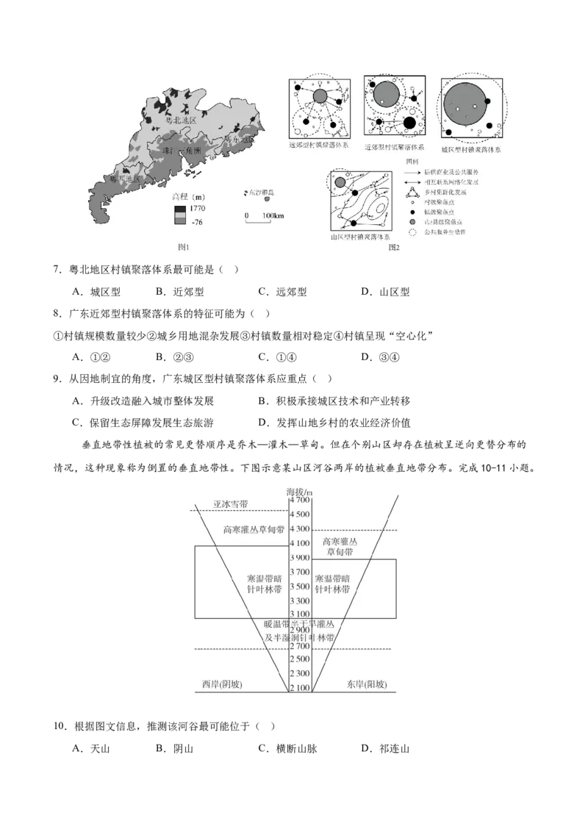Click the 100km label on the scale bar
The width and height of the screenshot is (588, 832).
[272, 215]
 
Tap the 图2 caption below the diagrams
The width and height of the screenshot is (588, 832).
[394, 248]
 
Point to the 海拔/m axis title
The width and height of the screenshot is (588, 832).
[299, 491]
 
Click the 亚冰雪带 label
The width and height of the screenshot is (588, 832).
[231, 505]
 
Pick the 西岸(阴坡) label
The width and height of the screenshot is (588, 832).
[223, 684]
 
